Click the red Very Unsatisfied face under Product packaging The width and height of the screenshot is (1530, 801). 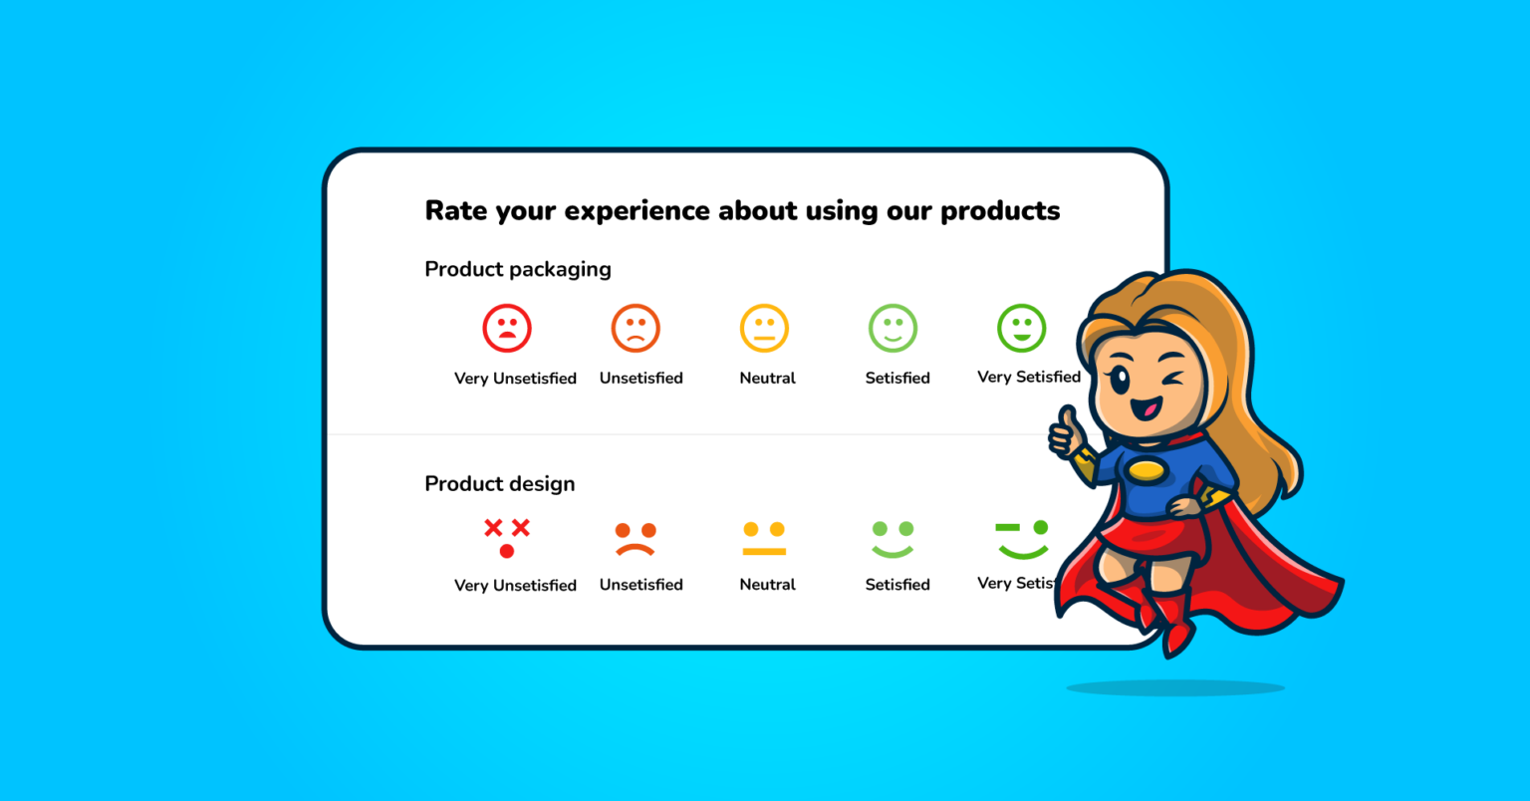click(507, 328)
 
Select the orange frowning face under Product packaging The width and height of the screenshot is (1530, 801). click(636, 328)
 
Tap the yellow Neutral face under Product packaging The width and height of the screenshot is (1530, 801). click(764, 328)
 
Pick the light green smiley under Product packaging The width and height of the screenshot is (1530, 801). click(892, 328)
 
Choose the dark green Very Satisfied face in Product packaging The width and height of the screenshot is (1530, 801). click(1021, 328)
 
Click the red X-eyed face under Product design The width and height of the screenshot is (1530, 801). click(507, 538)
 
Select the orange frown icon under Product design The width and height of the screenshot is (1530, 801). click(636, 538)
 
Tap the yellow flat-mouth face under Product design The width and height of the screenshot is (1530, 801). click(764, 538)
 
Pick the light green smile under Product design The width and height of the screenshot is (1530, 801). click(892, 538)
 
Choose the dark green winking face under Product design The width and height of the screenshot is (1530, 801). click(1022, 538)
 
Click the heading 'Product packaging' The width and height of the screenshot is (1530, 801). click(517, 269)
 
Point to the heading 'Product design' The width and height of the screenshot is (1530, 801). click(499, 483)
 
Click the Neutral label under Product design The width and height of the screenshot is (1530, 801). click(767, 585)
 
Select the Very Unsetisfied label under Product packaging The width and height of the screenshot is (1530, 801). click(515, 379)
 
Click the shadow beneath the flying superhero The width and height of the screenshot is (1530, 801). click(1175, 687)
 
